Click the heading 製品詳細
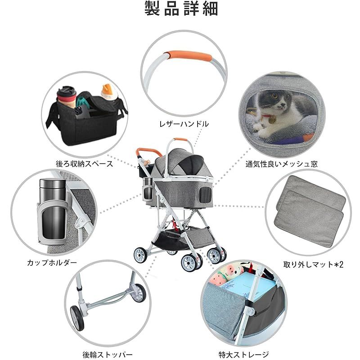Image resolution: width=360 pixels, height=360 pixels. tap(181, 9)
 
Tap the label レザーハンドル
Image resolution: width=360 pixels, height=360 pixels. tap(184, 124)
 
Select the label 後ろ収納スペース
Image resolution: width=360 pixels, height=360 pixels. tap(85, 164)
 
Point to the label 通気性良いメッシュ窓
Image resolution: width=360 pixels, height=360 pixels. tap(282, 164)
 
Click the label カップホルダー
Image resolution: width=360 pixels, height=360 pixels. tap(52, 262)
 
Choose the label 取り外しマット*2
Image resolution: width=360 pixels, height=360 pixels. tap(313, 265)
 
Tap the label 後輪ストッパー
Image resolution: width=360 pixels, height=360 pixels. tap(108, 355)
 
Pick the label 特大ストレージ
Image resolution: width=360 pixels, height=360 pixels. tap(243, 355)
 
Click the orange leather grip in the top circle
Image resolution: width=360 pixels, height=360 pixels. tap(189, 56)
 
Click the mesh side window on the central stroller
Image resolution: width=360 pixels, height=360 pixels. tap(205, 194)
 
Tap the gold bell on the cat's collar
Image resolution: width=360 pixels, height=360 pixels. tap(272, 121)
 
